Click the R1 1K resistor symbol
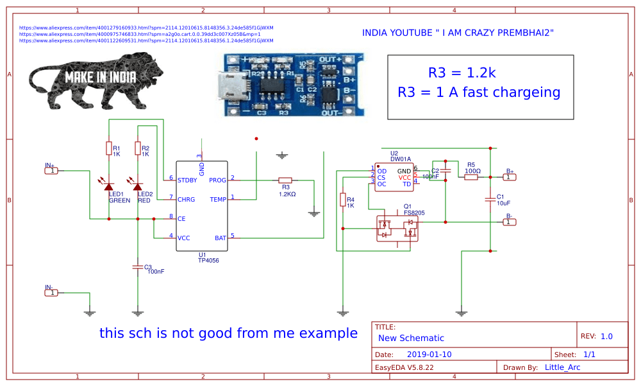pos(108,148)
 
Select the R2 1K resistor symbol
pos(137,148)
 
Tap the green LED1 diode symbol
pos(108,185)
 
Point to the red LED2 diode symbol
pos(137,185)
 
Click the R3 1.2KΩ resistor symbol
pos(285,180)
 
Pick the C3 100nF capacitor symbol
pos(137,265)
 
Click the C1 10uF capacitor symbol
pos(490,200)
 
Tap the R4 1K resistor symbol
pos(342,200)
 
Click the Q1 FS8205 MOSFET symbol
pos(396,228)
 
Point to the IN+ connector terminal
pos(52,170)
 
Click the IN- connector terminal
pos(52,292)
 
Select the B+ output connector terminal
pos(508,177)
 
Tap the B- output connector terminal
pos(508,222)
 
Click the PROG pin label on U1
pos(217,180)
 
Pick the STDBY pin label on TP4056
pos(187,180)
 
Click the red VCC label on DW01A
pos(404,177)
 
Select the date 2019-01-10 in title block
pos(429,355)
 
